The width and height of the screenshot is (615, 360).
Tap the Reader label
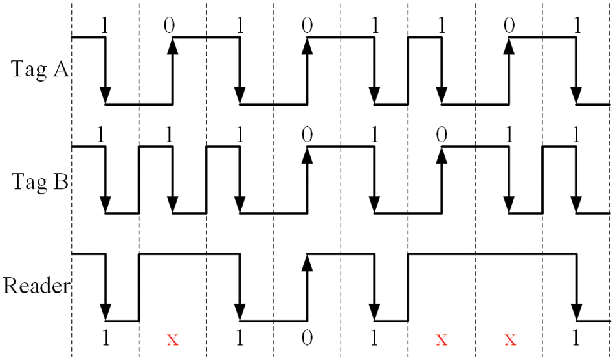point(36,286)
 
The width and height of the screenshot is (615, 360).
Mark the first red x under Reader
point(172,339)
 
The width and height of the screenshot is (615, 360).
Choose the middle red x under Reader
point(442,339)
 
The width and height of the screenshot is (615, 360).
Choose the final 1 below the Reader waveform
point(576,339)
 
